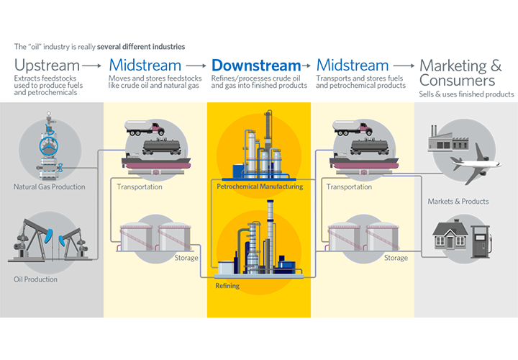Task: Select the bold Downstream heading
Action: click(x=255, y=65)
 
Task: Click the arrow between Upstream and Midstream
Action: click(x=91, y=66)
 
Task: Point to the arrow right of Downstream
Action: click(x=308, y=66)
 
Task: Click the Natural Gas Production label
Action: click(x=50, y=187)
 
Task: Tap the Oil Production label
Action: click(x=35, y=279)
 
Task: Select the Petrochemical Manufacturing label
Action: click(x=259, y=186)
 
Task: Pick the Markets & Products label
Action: click(x=458, y=201)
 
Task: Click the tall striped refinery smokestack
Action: click(x=271, y=223)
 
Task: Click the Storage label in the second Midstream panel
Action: click(x=396, y=258)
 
